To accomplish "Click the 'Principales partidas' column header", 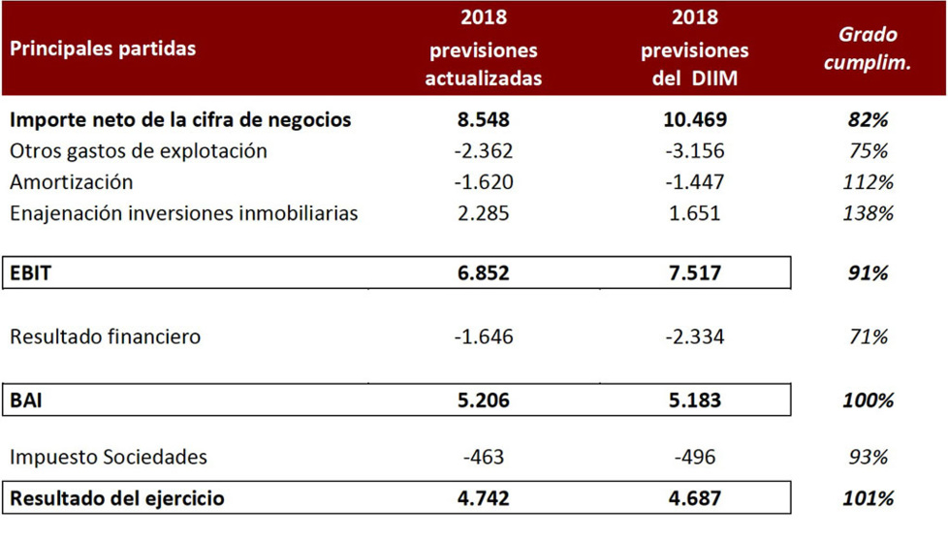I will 103,48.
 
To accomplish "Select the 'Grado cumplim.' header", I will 869,48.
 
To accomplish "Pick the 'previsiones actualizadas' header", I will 483,48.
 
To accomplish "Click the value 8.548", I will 483,120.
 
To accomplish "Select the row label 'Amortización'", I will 71,182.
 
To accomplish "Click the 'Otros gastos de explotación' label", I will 138,151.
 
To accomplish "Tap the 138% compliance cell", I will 869,213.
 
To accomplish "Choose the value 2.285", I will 483,213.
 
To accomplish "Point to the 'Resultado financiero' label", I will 105,337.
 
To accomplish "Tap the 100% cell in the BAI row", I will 869,399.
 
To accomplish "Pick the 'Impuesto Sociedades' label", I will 108,457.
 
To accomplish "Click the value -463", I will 483,457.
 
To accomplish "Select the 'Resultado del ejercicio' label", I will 117,498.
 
